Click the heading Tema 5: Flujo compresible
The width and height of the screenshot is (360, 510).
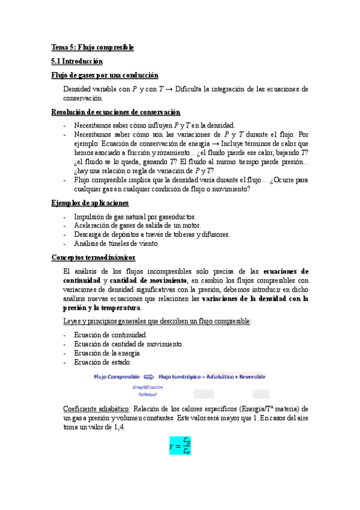(92, 47)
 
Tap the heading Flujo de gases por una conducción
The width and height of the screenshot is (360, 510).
(105, 75)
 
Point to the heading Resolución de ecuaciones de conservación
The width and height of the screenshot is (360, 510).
(115, 112)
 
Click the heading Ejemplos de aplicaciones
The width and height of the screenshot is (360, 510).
(90, 203)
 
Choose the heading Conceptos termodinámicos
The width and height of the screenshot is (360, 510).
(93, 257)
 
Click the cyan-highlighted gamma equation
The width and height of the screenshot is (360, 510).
(180, 445)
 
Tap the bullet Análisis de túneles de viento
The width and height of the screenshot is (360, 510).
(117, 244)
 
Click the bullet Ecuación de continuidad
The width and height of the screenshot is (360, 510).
(110, 335)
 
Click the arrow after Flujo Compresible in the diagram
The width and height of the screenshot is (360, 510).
(148, 377)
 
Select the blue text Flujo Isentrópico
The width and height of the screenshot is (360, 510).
(180, 377)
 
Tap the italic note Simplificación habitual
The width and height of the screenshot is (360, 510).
(148, 391)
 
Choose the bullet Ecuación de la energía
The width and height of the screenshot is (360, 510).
(108, 353)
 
